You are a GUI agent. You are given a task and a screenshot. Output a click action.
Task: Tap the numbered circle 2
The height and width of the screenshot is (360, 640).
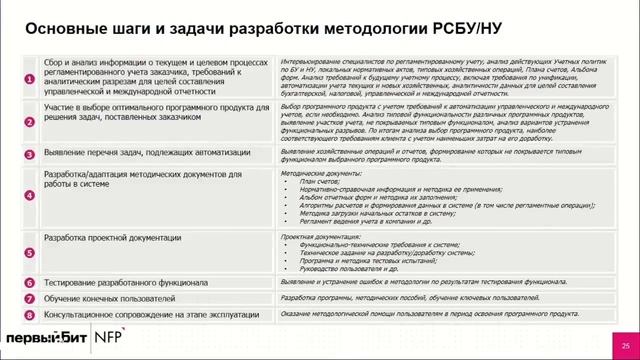click(30, 119)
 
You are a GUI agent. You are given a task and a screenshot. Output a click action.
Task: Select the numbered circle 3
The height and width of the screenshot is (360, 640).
click(30, 155)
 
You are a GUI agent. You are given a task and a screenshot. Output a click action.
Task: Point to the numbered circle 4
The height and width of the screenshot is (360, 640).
click(30, 196)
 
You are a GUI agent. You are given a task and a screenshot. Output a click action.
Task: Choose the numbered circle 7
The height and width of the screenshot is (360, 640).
click(30, 299)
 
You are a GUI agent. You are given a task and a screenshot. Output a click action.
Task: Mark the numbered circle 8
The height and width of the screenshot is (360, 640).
click(30, 315)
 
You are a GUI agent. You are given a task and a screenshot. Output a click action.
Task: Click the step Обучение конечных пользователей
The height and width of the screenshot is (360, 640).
click(110, 299)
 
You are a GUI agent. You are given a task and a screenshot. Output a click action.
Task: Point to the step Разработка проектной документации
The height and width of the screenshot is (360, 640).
click(113, 238)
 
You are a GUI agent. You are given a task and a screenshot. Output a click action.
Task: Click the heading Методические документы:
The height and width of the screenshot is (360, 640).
click(317, 172)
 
